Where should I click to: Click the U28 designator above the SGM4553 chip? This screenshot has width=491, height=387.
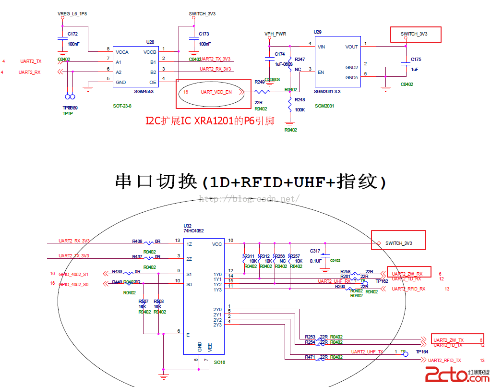150,42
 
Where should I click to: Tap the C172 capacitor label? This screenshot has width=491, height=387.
72,34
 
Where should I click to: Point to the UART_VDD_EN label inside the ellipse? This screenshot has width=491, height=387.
216,92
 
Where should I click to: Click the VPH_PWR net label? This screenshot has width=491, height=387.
275,34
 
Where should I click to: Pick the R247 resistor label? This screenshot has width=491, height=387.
299,59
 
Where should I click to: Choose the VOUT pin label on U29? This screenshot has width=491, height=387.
351,47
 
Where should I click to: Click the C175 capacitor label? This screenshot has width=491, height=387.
416,60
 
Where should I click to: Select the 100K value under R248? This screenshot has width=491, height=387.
300,110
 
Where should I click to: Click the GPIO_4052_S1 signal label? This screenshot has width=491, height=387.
73,274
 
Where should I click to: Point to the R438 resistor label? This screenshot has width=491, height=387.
137,242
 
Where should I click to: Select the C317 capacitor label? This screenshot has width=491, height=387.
315,251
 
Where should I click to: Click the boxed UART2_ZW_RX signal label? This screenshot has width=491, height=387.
407,274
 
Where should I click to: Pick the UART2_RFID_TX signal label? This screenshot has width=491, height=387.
444,360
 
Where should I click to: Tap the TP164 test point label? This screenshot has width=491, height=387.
422,352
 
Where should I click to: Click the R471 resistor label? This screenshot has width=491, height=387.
310,357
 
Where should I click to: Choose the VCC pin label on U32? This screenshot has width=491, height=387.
217,244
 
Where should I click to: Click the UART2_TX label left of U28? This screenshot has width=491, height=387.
31,61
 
